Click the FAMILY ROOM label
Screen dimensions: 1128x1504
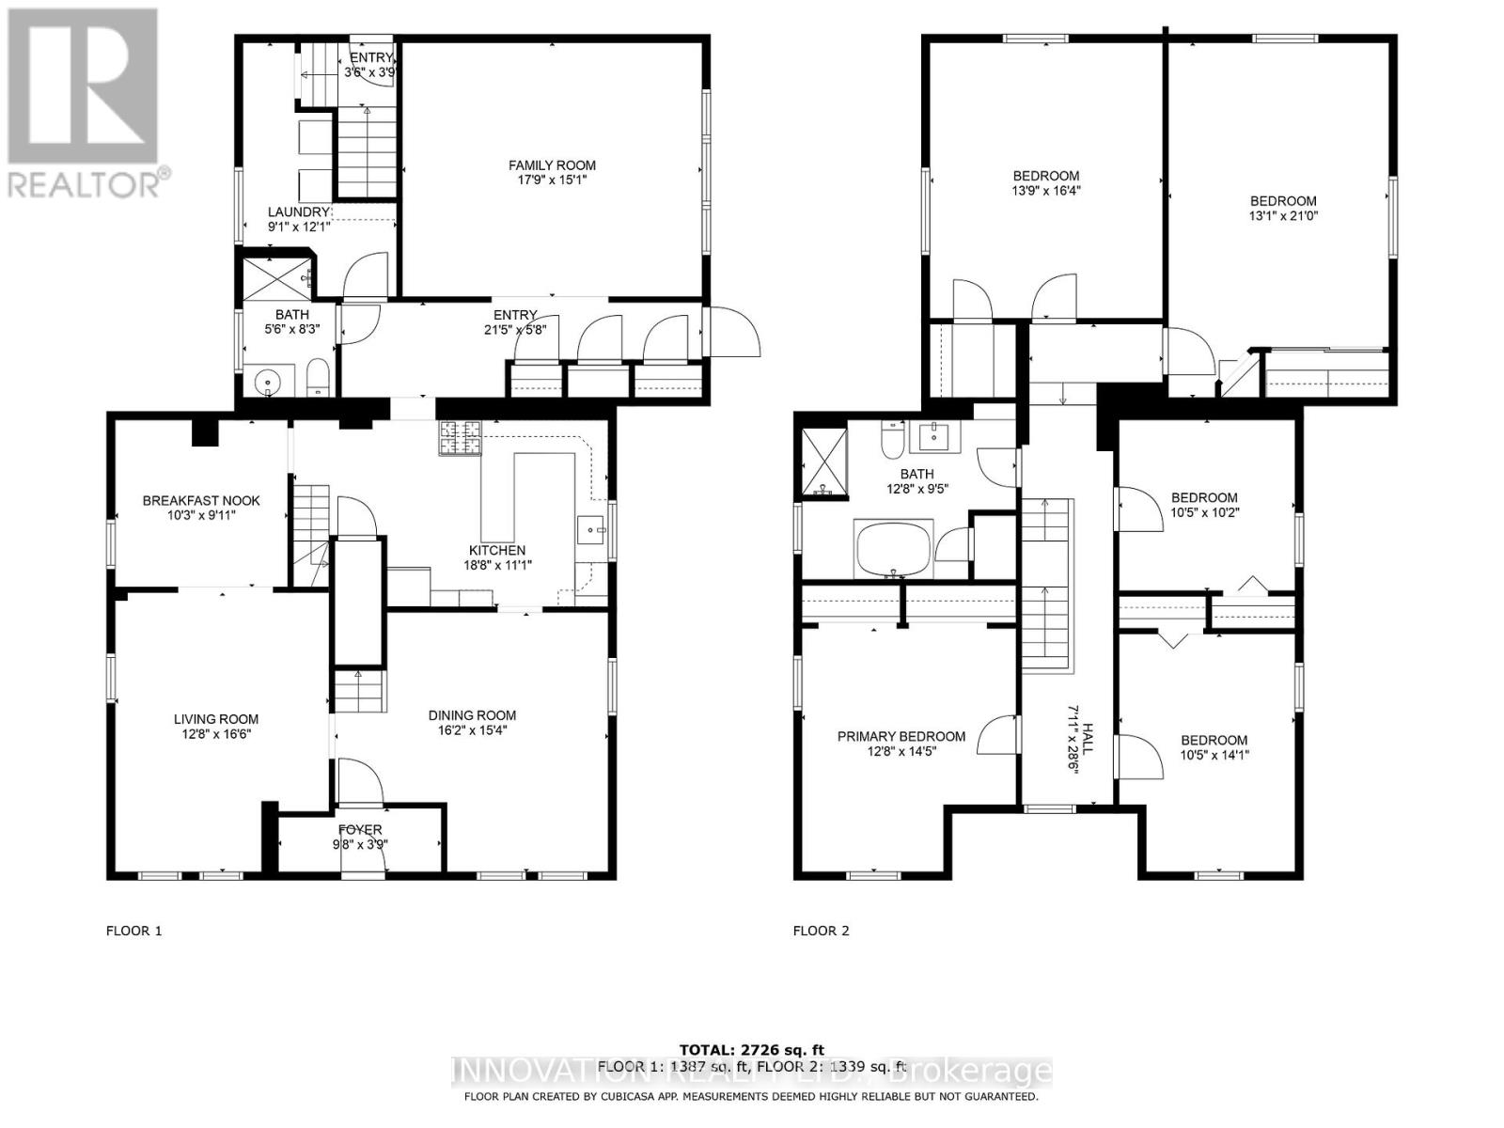(x=552, y=165)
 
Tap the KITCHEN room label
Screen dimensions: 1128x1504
(x=497, y=551)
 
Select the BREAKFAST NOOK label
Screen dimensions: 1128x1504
(x=201, y=501)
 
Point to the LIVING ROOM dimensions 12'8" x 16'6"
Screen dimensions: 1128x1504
(x=216, y=734)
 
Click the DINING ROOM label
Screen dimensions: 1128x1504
(x=472, y=715)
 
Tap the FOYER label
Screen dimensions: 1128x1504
(x=360, y=829)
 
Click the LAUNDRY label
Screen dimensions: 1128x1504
(x=299, y=212)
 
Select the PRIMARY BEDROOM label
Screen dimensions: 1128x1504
(x=901, y=736)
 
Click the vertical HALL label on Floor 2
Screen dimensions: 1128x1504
(x=1088, y=739)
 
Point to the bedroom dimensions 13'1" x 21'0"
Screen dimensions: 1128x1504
(x=1282, y=215)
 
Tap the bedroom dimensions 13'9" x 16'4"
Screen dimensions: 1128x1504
(x=1045, y=190)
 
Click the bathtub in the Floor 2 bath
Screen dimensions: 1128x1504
(x=893, y=550)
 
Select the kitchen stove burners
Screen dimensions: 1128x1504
(x=459, y=438)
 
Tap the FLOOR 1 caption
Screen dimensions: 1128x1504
(x=133, y=931)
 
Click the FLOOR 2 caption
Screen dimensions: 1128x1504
(x=821, y=931)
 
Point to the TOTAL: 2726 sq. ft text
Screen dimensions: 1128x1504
(x=752, y=1049)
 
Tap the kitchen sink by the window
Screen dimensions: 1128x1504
(x=592, y=530)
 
